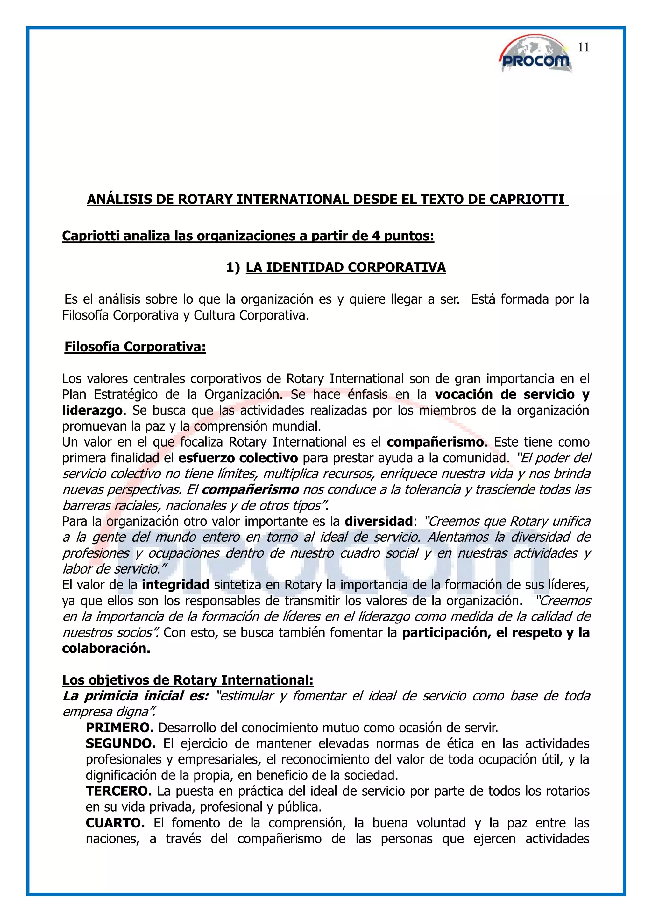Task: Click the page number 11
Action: click(x=583, y=47)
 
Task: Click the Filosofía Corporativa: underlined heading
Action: click(x=135, y=347)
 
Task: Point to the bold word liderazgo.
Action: click(x=92, y=411)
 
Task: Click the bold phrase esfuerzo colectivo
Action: click(x=238, y=458)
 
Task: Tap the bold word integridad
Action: click(x=175, y=585)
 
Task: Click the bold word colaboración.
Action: click(x=106, y=648)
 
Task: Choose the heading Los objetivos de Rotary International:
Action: click(x=188, y=680)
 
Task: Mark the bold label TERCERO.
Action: click(x=118, y=791)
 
